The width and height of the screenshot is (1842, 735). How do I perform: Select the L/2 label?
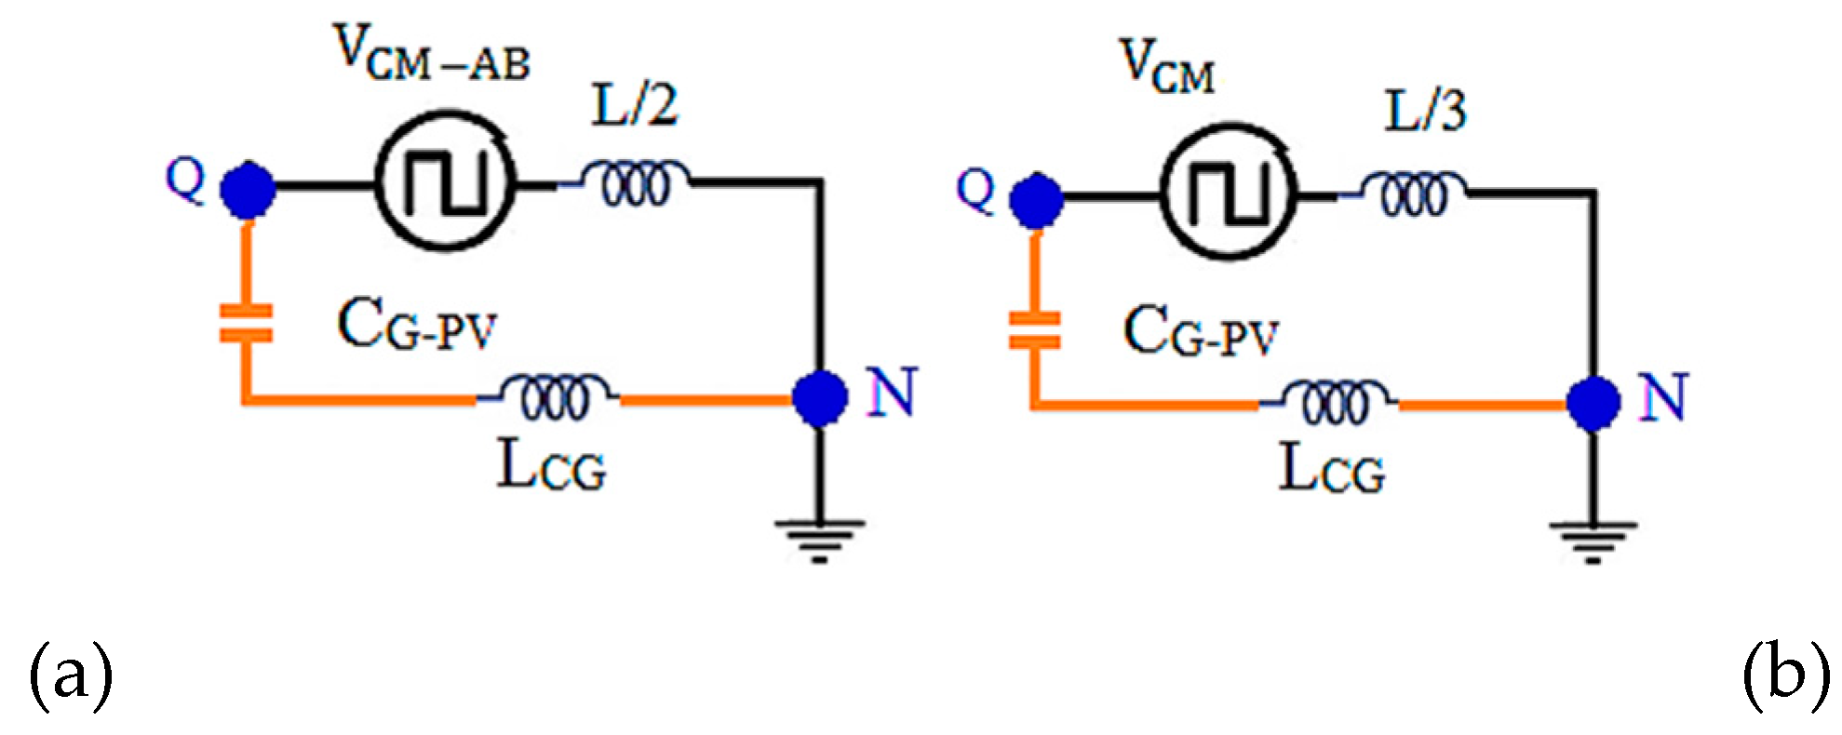636,105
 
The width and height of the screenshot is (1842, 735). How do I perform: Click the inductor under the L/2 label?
636,183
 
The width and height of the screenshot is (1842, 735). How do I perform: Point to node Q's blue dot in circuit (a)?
247,190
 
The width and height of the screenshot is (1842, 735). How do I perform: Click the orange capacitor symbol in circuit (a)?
246,324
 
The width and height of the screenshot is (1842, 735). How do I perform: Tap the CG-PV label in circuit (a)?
416,327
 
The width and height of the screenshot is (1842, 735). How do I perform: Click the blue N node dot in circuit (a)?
819,397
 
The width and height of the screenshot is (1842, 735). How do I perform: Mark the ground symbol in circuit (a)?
819,540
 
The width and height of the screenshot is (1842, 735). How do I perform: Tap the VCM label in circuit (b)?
1168,67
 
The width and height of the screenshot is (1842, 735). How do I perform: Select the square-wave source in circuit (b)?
1229,193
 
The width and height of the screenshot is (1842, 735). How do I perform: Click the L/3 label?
1425,111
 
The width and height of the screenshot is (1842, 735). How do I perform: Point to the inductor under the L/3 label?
1414,194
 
